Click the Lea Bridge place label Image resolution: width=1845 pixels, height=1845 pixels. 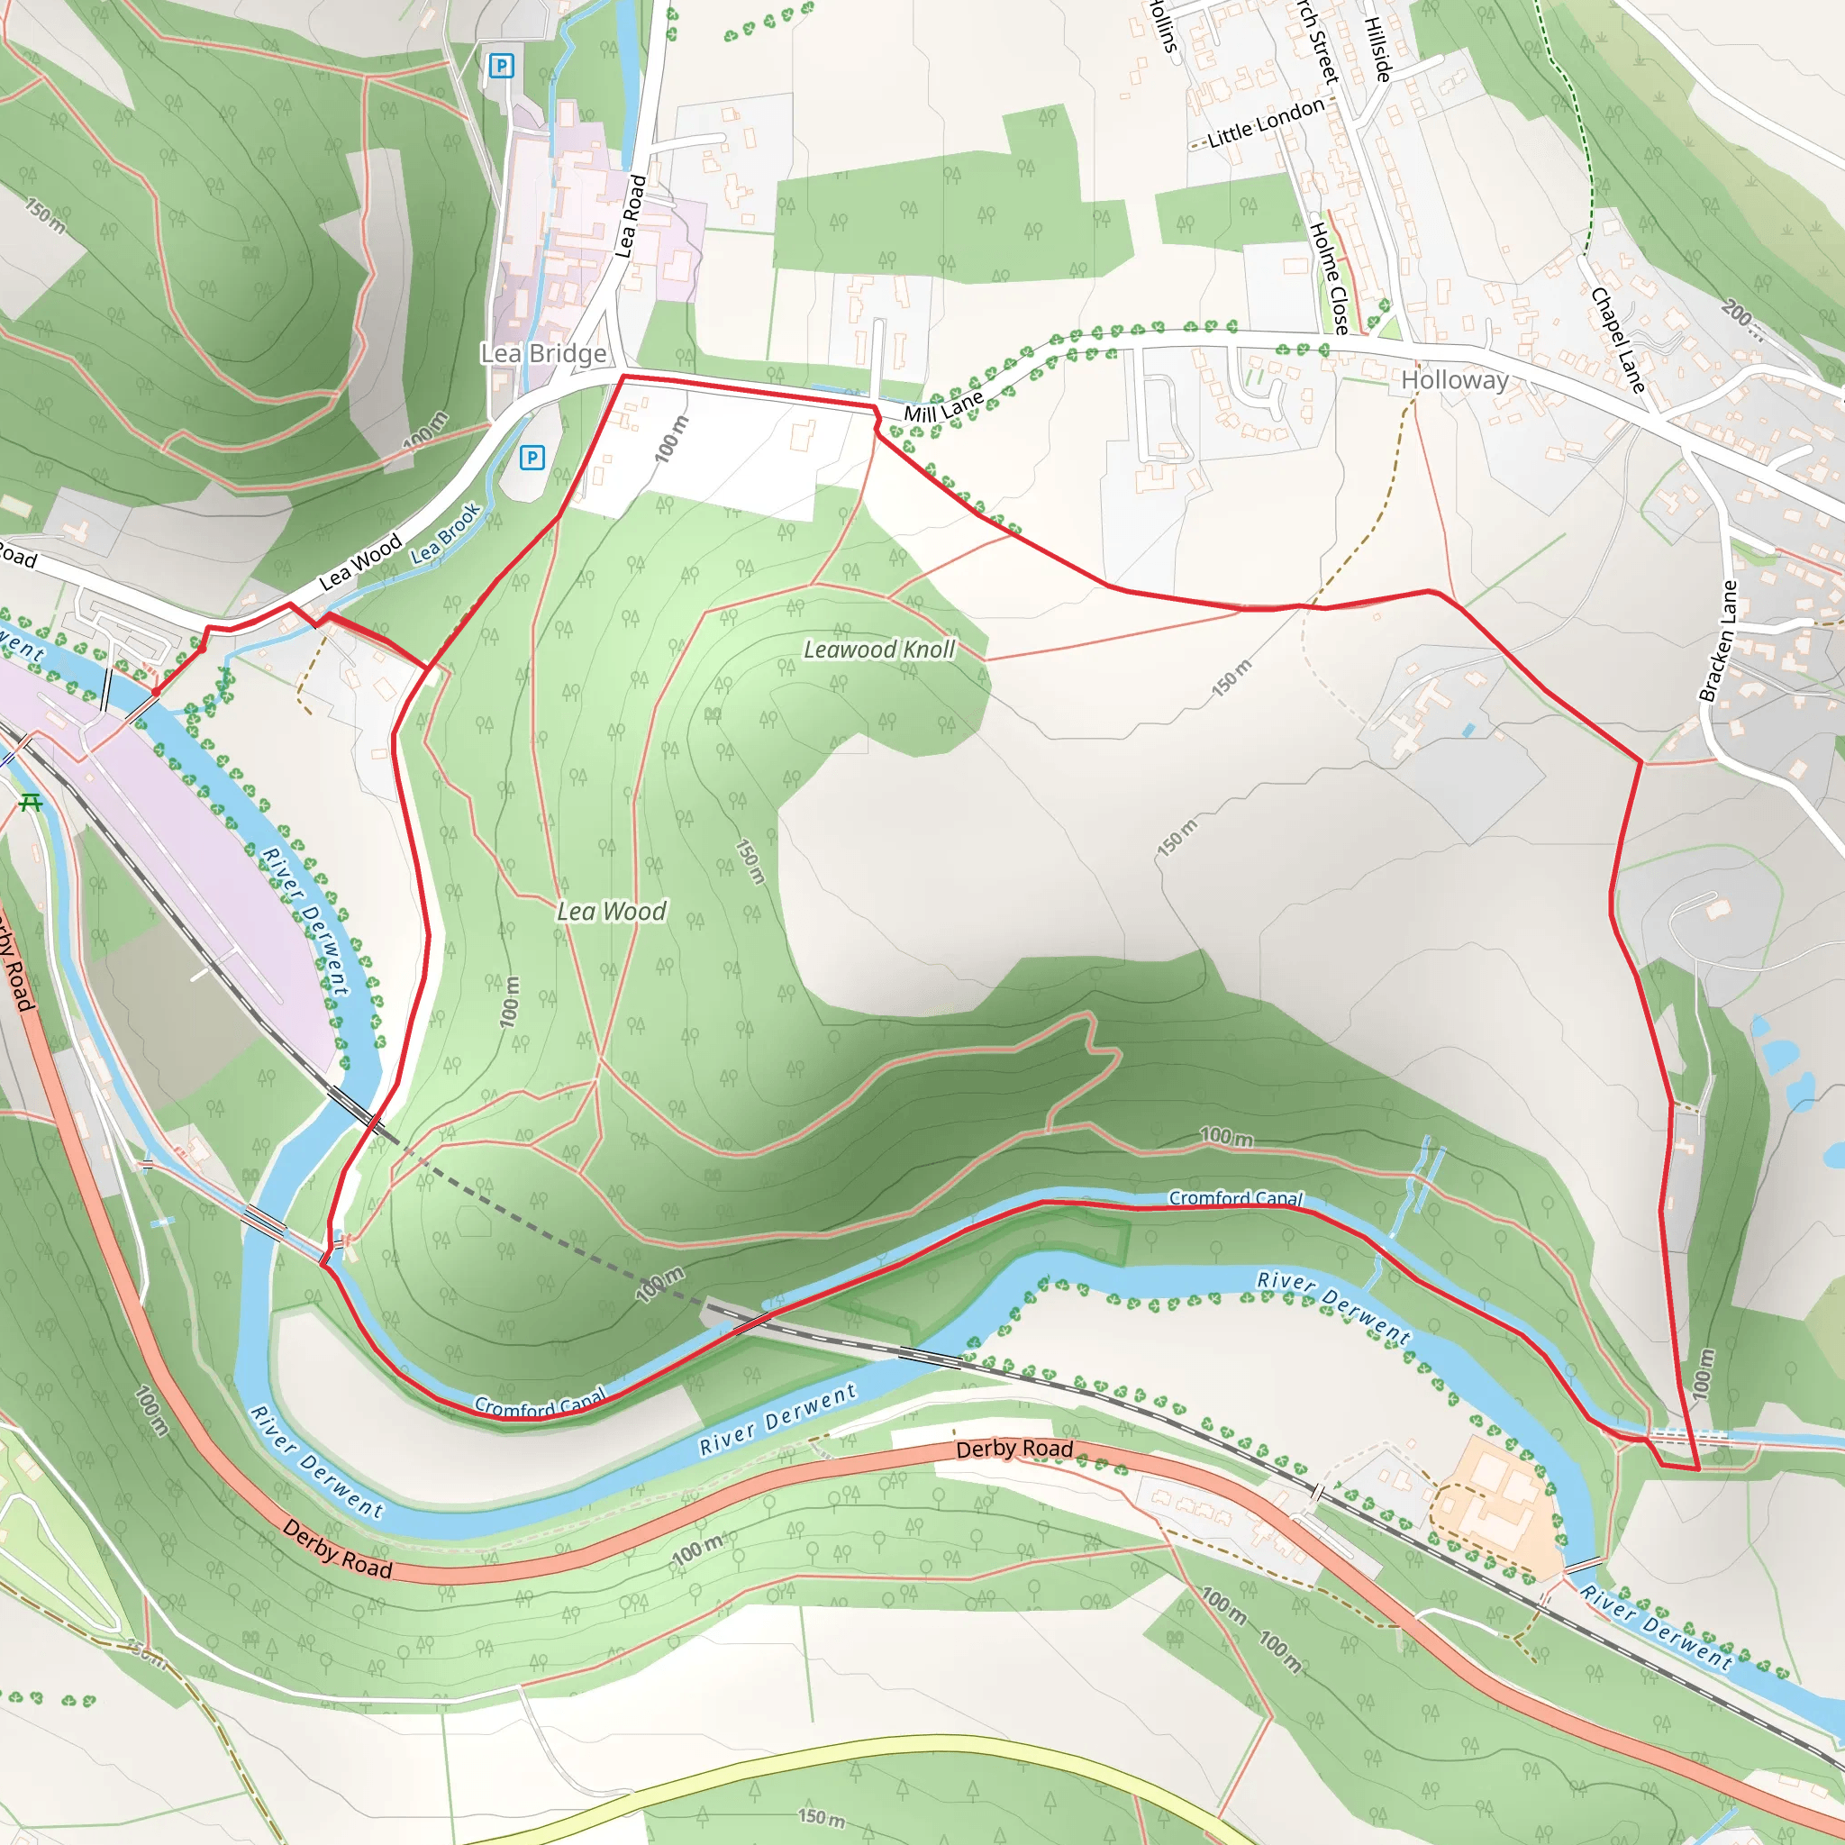point(543,354)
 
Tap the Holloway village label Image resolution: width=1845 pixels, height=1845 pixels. point(1454,380)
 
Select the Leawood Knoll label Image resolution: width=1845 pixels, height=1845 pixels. point(878,650)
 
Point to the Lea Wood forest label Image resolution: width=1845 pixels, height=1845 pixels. point(611,912)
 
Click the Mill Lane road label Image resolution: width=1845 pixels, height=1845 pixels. point(943,407)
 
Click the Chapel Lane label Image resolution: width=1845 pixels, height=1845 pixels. point(1618,340)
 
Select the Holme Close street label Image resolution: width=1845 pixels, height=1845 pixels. point(1329,277)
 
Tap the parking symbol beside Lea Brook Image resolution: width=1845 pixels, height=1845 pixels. point(532,459)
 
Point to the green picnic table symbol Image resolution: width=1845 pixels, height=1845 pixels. point(31,803)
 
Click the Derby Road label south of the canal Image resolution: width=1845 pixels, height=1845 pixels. point(1014,1449)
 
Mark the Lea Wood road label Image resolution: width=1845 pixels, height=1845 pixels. point(360,563)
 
